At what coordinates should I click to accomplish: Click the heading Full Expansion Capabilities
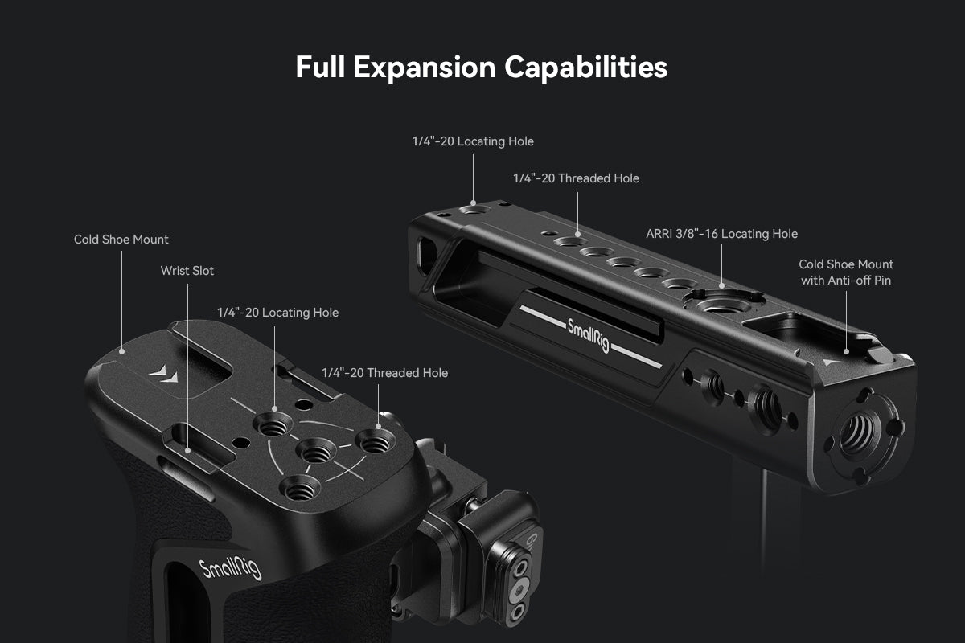tap(481, 68)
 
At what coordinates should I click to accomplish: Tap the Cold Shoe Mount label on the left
tap(121, 240)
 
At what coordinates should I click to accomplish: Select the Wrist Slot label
tap(187, 271)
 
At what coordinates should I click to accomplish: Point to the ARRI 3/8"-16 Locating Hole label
tap(721, 234)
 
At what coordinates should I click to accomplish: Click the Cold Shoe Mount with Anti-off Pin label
tap(846, 272)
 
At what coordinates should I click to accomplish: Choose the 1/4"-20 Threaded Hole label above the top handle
tap(576, 178)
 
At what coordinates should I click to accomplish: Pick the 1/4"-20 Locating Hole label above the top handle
tap(473, 141)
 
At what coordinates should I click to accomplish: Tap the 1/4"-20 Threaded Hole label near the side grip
tap(384, 372)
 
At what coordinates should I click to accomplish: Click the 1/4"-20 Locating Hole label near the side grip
tap(277, 313)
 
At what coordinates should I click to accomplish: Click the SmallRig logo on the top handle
tap(589, 335)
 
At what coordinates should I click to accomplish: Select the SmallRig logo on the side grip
tap(230, 568)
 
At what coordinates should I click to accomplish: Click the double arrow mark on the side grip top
tap(164, 374)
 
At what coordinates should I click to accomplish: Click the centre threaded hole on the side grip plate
tap(316, 451)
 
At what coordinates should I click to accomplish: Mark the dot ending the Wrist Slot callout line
tap(188, 451)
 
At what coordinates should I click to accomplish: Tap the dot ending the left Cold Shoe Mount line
tap(122, 352)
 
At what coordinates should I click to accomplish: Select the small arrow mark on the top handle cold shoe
tap(832, 362)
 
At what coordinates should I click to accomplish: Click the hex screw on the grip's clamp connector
tap(519, 589)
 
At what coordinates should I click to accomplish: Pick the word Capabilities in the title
tap(586, 68)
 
